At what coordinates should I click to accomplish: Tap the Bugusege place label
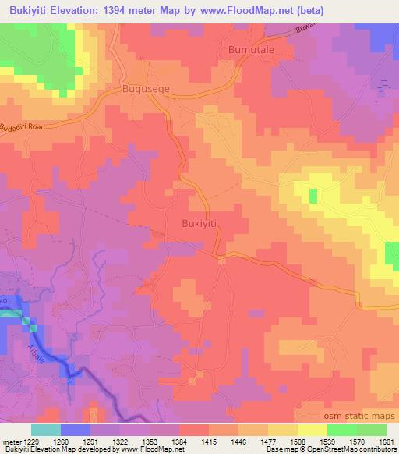pyautogui.click(x=144, y=90)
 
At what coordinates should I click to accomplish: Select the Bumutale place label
pyautogui.click(x=252, y=49)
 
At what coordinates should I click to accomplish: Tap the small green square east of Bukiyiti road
pyautogui.click(x=313, y=196)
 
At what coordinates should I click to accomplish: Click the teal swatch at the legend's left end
pyautogui.click(x=46, y=430)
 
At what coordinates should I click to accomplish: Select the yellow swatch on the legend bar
pyautogui.click(x=312, y=430)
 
